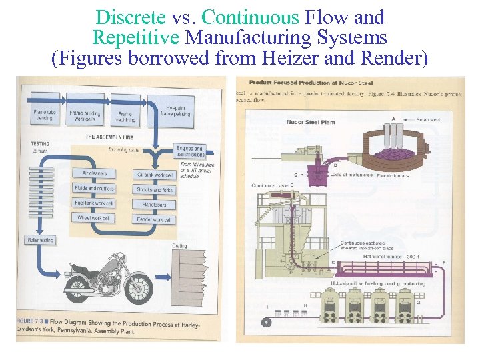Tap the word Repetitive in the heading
135,38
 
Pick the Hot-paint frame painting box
175,111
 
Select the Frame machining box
124,117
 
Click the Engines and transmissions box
189,152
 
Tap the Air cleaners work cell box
93,173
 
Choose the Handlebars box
155,204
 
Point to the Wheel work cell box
93,218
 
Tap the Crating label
180,245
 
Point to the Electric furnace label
394,176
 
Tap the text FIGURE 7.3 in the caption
33,321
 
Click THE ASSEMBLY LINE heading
109,136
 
